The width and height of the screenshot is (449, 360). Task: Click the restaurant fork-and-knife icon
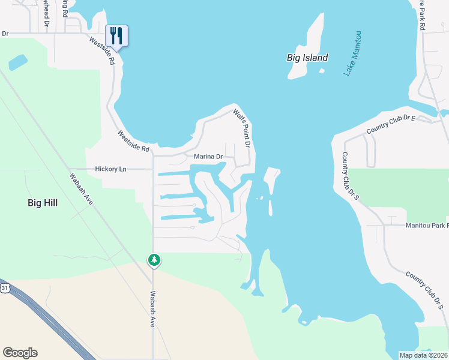116,36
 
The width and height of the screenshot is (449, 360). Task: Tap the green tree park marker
154,260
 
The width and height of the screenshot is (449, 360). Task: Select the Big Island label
307,58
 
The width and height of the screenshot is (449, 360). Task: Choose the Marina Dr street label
208,157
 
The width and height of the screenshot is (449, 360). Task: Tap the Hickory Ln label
111,169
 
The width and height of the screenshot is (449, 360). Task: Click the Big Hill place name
43,203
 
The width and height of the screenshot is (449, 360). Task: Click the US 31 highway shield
5,288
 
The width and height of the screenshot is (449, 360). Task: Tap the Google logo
20,353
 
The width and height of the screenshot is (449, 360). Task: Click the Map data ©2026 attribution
424,355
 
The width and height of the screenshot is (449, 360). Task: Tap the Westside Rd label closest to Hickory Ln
133,142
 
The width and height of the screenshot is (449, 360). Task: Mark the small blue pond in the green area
17,62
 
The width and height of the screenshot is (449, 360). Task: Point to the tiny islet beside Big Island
322,73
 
